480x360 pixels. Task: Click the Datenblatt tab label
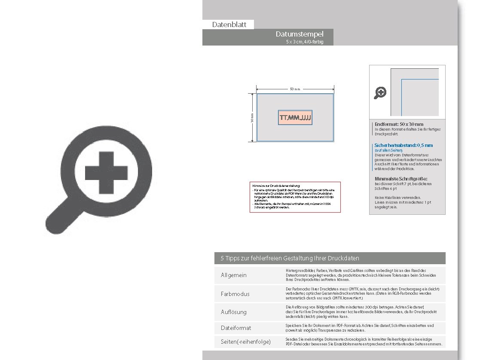click(229, 25)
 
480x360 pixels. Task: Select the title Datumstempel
click(300, 34)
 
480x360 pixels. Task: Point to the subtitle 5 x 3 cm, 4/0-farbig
click(304, 42)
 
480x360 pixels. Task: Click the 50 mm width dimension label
click(295, 89)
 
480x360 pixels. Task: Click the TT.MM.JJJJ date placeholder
click(295, 117)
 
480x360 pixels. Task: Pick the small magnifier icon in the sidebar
click(380, 92)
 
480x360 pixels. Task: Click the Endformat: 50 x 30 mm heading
click(399, 124)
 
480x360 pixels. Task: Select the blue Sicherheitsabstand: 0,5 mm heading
click(404, 145)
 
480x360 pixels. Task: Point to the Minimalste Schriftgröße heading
click(401, 179)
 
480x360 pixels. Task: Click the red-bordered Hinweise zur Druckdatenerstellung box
click(295, 197)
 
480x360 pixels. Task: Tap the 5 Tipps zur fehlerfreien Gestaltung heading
click(290, 258)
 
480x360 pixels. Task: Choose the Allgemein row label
click(234, 275)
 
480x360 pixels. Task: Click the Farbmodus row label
click(235, 294)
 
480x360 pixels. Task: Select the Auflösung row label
click(234, 312)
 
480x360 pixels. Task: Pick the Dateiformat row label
click(236, 328)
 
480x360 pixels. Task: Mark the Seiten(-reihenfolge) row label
click(246, 342)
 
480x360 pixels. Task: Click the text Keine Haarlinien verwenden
click(397, 198)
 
